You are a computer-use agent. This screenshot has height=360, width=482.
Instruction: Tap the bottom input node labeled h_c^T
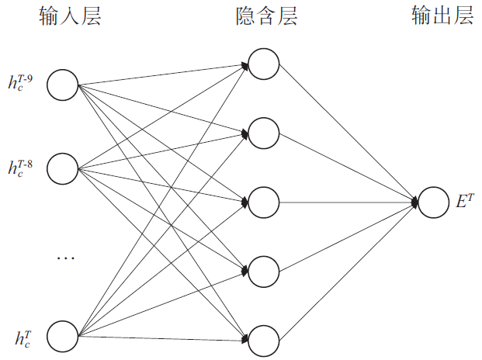coord(63,335)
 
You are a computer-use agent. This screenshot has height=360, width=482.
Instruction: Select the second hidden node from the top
coord(264,133)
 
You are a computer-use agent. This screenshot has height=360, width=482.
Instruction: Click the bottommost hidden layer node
coord(264,339)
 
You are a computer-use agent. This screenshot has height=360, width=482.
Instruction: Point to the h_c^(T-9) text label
coord(20,82)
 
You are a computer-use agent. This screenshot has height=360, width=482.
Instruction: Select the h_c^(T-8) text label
coord(20,167)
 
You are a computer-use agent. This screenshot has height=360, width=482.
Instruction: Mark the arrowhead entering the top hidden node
coord(246,67)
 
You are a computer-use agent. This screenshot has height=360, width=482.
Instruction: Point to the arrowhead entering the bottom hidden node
coord(246,338)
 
